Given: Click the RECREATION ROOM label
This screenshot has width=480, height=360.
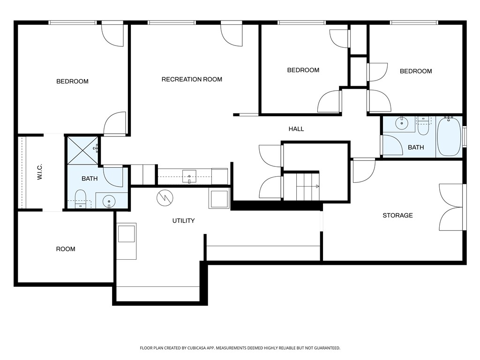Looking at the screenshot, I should [192, 79].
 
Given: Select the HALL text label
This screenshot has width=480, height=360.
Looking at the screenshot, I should [296, 129].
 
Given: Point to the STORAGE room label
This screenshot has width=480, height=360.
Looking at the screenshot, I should [397, 216].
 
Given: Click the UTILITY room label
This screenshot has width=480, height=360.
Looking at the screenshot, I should [183, 221].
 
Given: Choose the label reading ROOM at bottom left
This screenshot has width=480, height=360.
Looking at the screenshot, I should [66, 249].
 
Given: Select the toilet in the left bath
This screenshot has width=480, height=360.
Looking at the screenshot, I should [80, 199].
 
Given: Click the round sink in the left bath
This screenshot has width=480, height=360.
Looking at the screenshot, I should [109, 200].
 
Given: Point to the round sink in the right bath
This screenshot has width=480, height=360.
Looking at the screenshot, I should [402, 124].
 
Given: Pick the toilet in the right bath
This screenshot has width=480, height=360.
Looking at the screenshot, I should [423, 125].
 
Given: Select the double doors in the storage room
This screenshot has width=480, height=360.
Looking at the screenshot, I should [452, 207].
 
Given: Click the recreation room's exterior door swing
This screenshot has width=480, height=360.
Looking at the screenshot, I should [232, 36].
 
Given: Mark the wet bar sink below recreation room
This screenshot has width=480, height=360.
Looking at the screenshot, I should [189, 176].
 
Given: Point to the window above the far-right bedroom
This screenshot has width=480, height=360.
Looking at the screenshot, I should [414, 22].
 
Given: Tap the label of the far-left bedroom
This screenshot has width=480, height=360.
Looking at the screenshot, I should [72, 82].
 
